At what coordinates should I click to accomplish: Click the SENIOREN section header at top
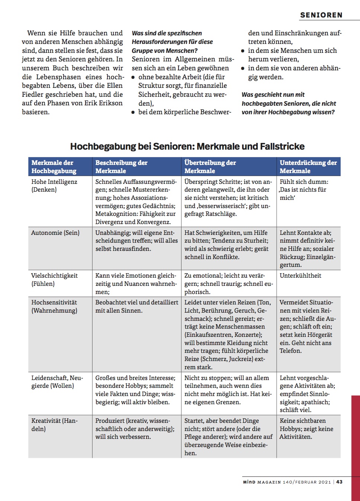pyautogui.click(x=321, y=15)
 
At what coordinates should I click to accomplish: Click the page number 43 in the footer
pyautogui.click(x=339, y=482)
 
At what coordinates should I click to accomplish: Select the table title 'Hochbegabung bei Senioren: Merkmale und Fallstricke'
pyautogui.click(x=187, y=146)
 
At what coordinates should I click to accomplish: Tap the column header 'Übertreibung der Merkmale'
pyautogui.click(x=210, y=166)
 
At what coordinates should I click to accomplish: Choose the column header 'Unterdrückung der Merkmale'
pyautogui.click(x=308, y=166)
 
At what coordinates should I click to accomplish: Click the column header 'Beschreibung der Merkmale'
pyautogui.click(x=121, y=166)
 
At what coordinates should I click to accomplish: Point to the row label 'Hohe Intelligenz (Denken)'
pyautogui.click(x=54, y=185)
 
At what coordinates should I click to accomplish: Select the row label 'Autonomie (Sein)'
pyautogui.click(x=55, y=233)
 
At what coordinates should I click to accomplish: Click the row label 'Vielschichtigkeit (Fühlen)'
pyautogui.click(x=54, y=280)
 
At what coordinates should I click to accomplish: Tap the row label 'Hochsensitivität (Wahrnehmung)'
pyautogui.click(x=54, y=306)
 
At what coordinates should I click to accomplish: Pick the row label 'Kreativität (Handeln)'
pyautogui.click(x=54, y=425)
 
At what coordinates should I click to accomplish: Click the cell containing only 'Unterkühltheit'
pyautogui.click(x=300, y=275)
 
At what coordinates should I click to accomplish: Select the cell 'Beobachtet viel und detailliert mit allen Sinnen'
pyautogui.click(x=136, y=306)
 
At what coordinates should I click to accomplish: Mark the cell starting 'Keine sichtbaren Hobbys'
pyautogui.click(x=306, y=428)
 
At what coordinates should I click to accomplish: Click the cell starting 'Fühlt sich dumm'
pyautogui.click(x=304, y=189)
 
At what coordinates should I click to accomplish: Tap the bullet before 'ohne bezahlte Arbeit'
pyautogui.click(x=133, y=77)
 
